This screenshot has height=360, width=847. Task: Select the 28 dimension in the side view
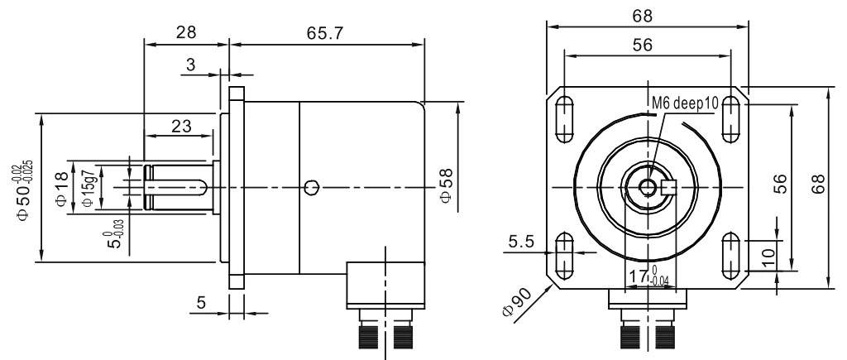185,34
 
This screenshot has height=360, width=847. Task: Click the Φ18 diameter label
60,188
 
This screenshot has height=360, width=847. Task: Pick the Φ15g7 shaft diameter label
85,188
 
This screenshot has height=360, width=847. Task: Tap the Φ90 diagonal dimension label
512,307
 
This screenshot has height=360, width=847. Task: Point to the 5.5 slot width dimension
521,242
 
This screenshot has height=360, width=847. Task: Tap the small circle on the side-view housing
311,188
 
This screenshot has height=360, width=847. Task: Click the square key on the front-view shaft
669,188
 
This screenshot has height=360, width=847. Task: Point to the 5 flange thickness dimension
201,304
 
